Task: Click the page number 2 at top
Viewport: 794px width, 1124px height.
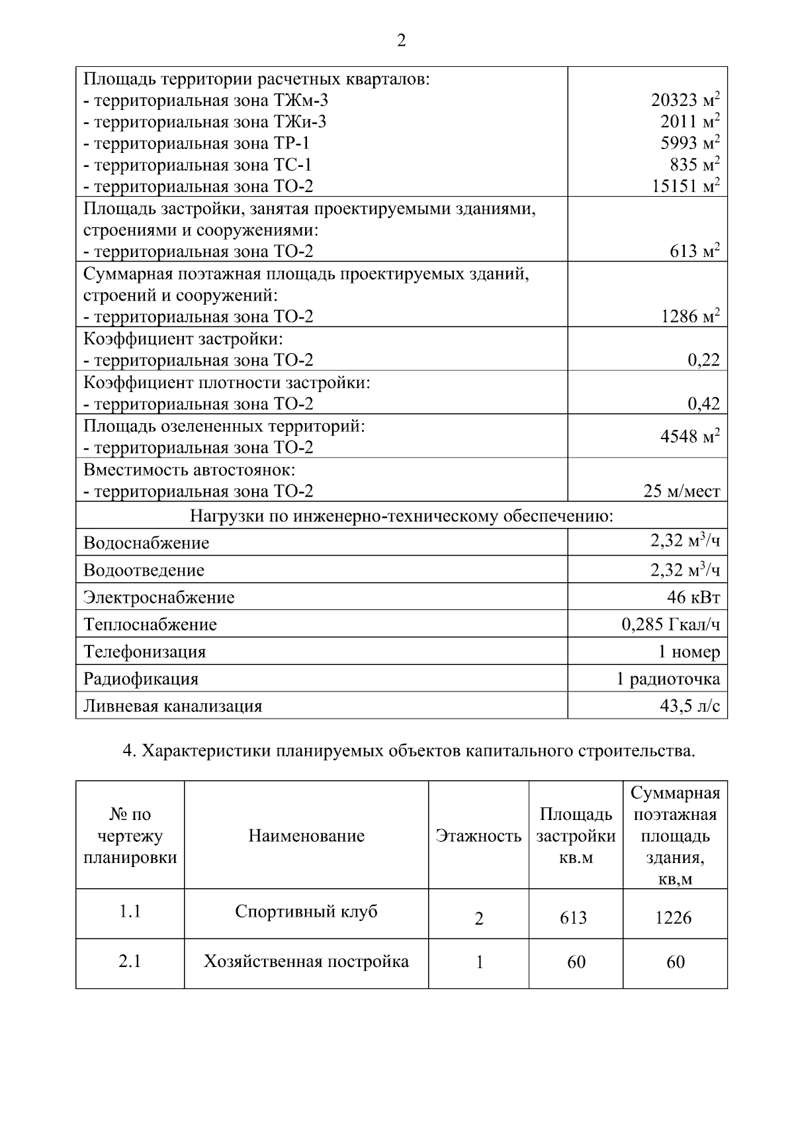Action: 401,41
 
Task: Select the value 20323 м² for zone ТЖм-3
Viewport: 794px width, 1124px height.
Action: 685,100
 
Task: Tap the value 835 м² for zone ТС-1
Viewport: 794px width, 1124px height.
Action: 694,164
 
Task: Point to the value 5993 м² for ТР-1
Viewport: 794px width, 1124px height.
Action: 689,142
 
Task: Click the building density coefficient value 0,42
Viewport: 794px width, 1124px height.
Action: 703,403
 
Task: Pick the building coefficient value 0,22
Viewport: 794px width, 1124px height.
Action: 703,360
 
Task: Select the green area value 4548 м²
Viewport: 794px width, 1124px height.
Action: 689,436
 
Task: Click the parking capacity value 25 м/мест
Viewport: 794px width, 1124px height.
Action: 682,491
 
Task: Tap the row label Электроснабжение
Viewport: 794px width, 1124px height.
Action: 159,597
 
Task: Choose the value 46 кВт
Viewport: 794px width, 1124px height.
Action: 693,597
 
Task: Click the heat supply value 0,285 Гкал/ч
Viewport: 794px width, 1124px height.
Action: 670,625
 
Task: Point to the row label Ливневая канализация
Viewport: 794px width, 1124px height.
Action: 173,706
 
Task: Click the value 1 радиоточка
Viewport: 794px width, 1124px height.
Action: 668,679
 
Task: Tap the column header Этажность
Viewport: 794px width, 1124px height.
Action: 478,836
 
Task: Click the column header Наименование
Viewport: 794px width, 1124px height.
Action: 306,836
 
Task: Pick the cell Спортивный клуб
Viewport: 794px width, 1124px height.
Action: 306,912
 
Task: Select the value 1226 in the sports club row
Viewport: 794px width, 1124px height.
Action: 674,918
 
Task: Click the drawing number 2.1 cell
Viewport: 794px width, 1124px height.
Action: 130,961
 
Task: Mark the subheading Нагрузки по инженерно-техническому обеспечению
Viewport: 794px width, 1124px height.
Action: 401,516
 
